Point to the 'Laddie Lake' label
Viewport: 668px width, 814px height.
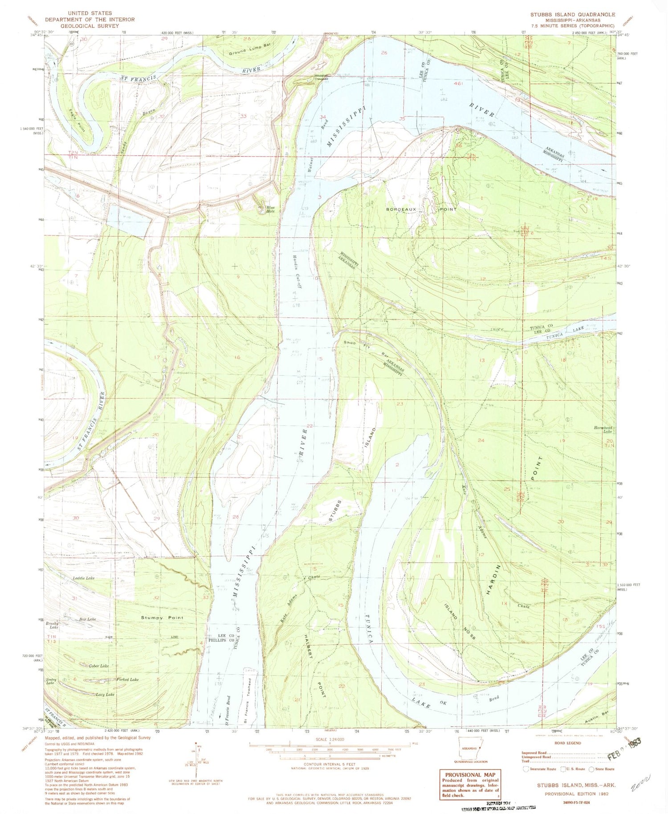(x=83, y=578)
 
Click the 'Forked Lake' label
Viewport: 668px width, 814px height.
(x=127, y=679)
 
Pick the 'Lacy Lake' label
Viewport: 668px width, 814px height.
(x=105, y=695)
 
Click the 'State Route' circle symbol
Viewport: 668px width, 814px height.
(x=591, y=769)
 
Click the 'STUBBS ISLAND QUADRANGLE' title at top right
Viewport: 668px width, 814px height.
(x=572, y=14)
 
